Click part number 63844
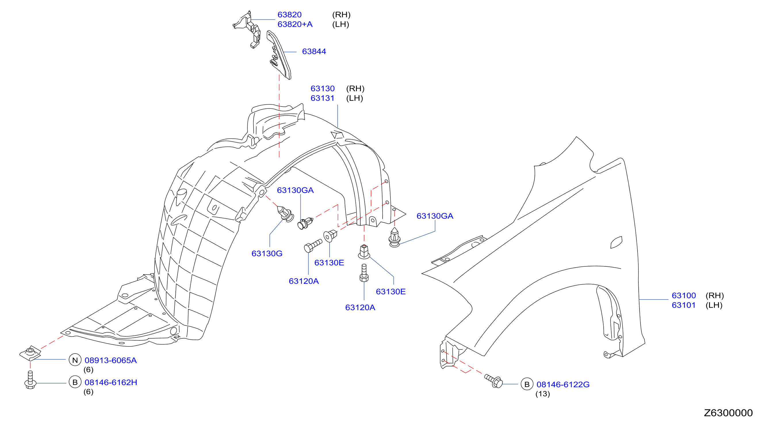pyautogui.click(x=314, y=52)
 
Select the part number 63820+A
pyautogui.click(x=295, y=24)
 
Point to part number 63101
pyautogui.click(x=684, y=305)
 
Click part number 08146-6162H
pyautogui.click(x=111, y=382)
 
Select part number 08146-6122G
pyautogui.click(x=563, y=384)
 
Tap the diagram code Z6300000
pyautogui.click(x=728, y=413)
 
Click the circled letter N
pyautogui.click(x=75, y=360)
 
